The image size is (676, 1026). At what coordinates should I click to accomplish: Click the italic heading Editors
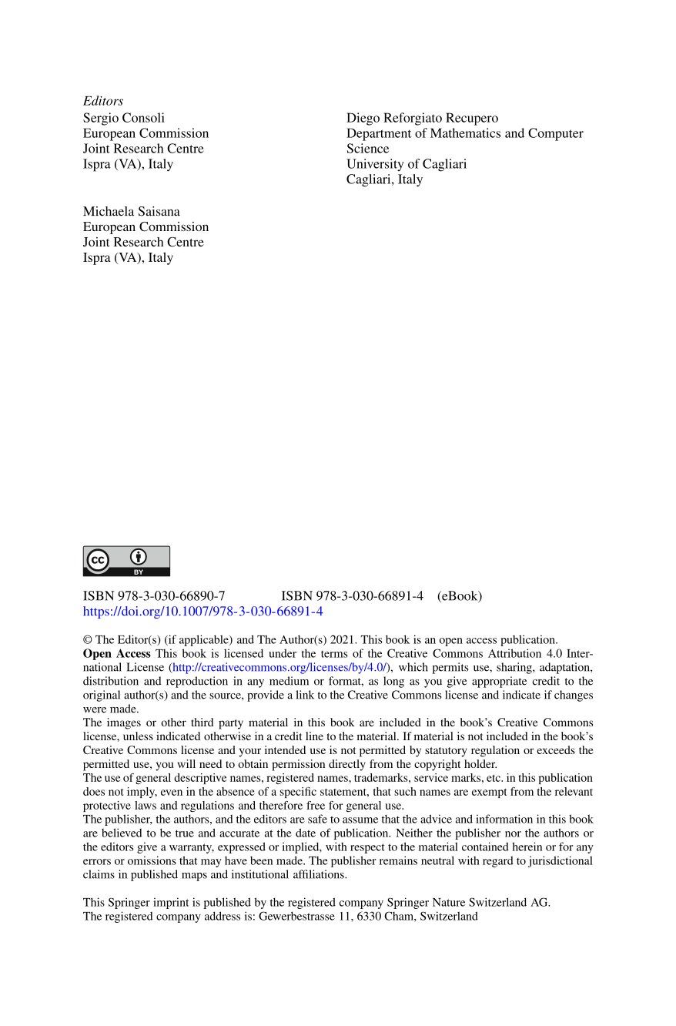tap(103, 101)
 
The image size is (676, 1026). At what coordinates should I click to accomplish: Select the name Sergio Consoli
tap(124, 118)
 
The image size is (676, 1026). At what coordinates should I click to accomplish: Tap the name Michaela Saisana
tap(132, 211)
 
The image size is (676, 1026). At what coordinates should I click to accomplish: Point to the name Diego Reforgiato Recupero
tap(422, 118)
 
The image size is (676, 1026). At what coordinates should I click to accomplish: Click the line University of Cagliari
tap(407, 164)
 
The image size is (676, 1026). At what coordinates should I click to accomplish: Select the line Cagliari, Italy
tap(384, 179)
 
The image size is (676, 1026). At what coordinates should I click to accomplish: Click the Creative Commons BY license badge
tap(126, 561)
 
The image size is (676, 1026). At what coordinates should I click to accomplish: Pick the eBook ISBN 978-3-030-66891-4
tap(352, 595)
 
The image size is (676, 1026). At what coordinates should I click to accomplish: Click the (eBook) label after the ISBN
tap(460, 595)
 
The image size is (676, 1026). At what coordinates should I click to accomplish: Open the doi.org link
tap(202, 612)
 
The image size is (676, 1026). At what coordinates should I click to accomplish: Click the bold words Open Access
tap(117, 653)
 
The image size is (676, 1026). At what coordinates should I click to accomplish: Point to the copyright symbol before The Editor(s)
tap(87, 639)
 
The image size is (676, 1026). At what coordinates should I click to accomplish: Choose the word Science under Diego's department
tap(367, 149)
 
